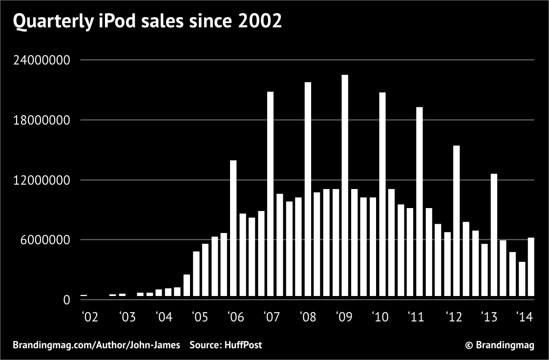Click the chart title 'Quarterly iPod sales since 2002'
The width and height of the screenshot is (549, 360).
point(147,22)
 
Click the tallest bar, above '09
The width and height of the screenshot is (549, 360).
point(345,186)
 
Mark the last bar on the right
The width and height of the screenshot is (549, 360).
point(531,267)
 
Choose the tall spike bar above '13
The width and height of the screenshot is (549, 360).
point(494,235)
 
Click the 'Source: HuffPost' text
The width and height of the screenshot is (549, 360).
point(226,345)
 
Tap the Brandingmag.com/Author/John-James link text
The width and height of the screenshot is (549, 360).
point(96,345)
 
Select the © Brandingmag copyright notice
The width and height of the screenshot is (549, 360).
point(500,345)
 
